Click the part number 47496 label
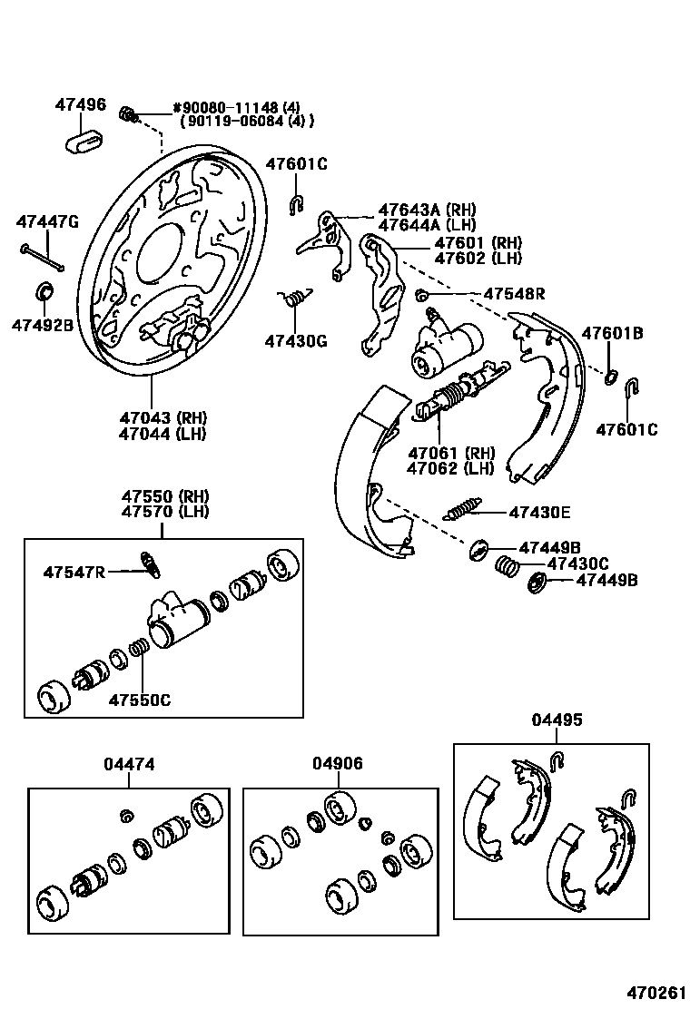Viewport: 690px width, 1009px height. (x=80, y=105)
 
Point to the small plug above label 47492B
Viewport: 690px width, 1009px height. (x=43, y=291)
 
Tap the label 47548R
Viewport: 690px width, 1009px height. (x=514, y=293)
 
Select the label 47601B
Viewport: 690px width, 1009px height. (x=612, y=333)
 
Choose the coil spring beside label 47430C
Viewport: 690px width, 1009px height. (x=507, y=565)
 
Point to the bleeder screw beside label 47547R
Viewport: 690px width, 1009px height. (x=150, y=563)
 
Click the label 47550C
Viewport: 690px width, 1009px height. (x=140, y=700)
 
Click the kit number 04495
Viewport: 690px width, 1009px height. (x=557, y=720)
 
